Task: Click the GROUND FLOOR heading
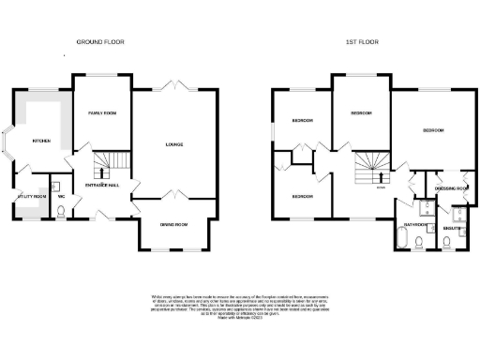pyautogui.click(x=99, y=42)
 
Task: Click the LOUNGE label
pyautogui.click(x=173, y=144)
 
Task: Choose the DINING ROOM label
pyautogui.click(x=173, y=225)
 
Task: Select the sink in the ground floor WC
pyautogui.click(x=56, y=185)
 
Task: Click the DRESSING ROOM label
pyautogui.click(x=451, y=189)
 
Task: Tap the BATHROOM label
pyautogui.click(x=416, y=225)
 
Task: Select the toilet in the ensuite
pyautogui.click(x=451, y=242)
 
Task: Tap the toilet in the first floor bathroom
pyautogui.click(x=419, y=244)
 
